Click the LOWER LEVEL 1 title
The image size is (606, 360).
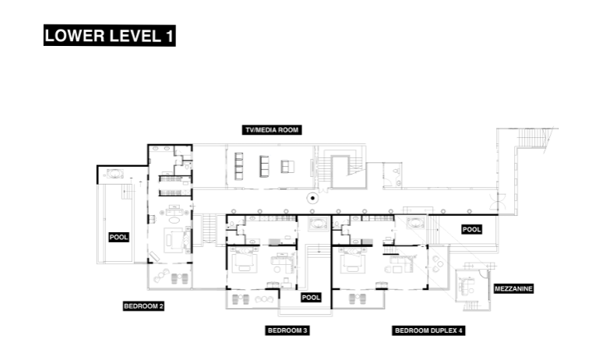[x=109, y=36]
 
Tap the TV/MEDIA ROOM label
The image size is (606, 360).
[x=271, y=129]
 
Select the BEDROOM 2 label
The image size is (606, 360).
[x=143, y=306]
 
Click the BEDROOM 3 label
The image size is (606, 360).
[x=288, y=330]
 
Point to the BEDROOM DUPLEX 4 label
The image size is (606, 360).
[x=428, y=330]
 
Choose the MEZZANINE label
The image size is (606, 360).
[x=513, y=288]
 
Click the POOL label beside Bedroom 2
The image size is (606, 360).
[x=118, y=237]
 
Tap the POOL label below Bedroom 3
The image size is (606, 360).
[x=311, y=297]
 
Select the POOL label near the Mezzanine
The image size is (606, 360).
[x=471, y=229]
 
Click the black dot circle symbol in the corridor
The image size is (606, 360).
[x=312, y=198]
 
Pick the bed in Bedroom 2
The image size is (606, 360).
[x=174, y=240]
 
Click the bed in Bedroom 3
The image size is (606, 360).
[x=244, y=263]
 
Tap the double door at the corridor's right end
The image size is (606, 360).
[x=508, y=201]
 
